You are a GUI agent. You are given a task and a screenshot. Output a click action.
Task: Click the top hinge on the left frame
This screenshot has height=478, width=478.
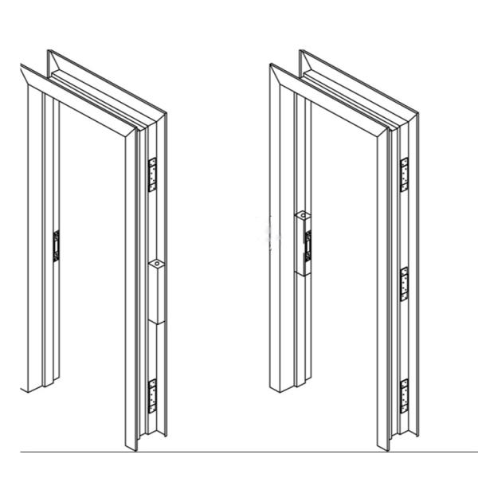pyautogui.click(x=153, y=175)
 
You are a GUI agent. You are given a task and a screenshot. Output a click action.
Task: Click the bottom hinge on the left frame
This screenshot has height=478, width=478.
pyautogui.click(x=153, y=396)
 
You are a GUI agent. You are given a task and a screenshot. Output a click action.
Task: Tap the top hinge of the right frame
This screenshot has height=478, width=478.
pyautogui.click(x=404, y=174)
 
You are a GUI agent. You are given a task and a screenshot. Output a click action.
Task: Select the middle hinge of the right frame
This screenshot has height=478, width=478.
pyautogui.click(x=404, y=284)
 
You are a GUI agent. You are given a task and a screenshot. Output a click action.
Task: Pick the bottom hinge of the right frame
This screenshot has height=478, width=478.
pyautogui.click(x=404, y=396)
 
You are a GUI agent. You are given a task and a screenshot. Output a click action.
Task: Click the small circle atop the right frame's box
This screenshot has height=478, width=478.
pyautogui.click(x=302, y=215)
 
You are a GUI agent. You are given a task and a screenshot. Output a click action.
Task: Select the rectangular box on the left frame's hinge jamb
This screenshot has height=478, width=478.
pyautogui.click(x=157, y=291)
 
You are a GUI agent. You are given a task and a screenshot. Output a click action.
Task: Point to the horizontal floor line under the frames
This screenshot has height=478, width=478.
pyautogui.click(x=239, y=452)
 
